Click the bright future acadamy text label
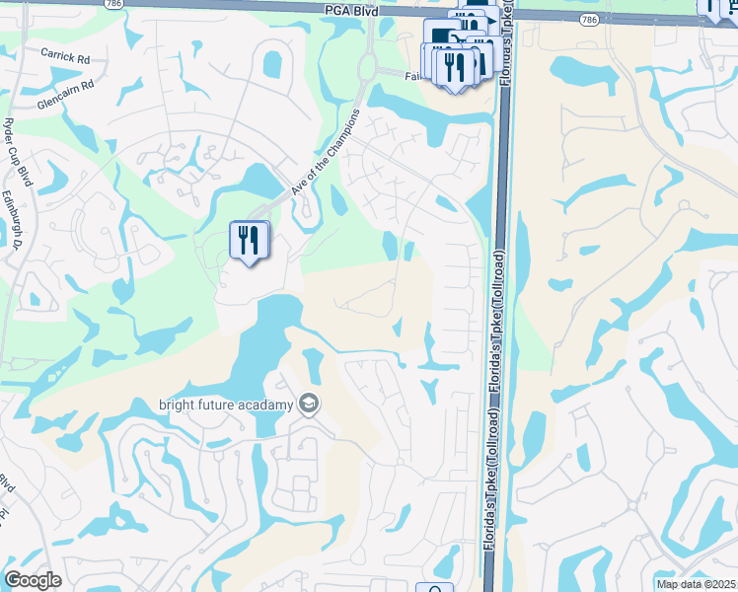[227, 405]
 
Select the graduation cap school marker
[310, 405]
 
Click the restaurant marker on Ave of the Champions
[249, 241]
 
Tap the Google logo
[33, 580]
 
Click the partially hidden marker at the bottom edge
[434, 587]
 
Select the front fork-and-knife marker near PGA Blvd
[455, 66]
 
